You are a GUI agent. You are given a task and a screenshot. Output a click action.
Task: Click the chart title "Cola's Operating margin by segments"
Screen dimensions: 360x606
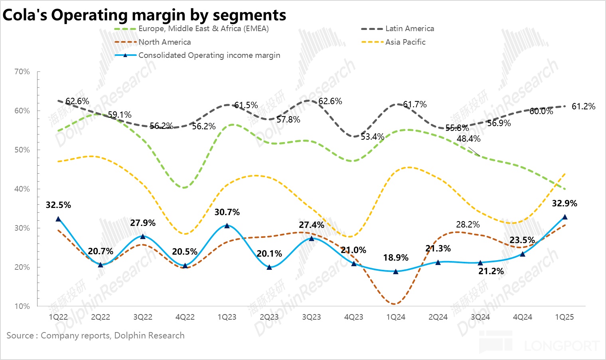pyautogui.click(x=144, y=15)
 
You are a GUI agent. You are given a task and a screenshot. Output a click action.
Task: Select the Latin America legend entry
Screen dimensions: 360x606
pyautogui.click(x=409, y=29)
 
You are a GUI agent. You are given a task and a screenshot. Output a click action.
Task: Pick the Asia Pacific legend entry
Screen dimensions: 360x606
pyautogui.click(x=405, y=42)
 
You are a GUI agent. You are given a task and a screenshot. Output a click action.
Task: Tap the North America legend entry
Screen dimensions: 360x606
pyautogui.click(x=164, y=42)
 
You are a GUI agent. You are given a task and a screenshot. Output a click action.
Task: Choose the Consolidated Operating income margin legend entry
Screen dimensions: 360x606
pyautogui.click(x=209, y=55)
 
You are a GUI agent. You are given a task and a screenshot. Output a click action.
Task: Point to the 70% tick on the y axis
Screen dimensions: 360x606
pyautogui.click(x=22, y=72)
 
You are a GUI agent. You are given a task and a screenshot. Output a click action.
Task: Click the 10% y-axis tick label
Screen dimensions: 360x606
pyautogui.click(x=22, y=306)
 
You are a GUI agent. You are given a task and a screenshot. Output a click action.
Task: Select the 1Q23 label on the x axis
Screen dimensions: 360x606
pyautogui.click(x=227, y=317)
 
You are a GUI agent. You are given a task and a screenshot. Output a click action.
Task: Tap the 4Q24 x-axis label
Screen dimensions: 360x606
pyautogui.click(x=522, y=317)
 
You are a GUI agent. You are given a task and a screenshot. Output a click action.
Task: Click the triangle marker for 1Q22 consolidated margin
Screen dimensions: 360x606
pyautogui.click(x=58, y=219)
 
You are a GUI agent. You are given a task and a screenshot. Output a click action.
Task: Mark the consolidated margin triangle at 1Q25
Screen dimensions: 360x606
pyautogui.click(x=565, y=217)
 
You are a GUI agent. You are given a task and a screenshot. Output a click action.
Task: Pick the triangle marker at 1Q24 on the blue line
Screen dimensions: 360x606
pyautogui.click(x=396, y=271)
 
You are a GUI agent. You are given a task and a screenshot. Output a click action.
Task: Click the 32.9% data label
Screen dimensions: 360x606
pyautogui.click(x=565, y=204)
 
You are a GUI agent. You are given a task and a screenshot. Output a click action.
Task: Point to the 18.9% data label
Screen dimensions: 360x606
pyautogui.click(x=396, y=258)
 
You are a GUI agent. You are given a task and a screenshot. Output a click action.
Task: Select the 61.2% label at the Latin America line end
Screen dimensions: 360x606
pyautogui.click(x=583, y=107)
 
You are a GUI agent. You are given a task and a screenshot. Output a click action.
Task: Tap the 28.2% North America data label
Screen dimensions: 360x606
pyautogui.click(x=468, y=225)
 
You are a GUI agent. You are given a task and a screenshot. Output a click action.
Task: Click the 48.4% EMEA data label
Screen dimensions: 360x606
pyautogui.click(x=469, y=139)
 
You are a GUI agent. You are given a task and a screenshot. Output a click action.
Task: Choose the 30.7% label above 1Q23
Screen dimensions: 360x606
pyautogui.click(x=227, y=212)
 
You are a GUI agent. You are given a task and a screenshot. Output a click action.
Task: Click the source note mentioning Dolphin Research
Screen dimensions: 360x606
pyautogui.click(x=95, y=335)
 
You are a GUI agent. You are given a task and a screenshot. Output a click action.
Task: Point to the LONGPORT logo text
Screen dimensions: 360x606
pyautogui.click(x=562, y=346)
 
